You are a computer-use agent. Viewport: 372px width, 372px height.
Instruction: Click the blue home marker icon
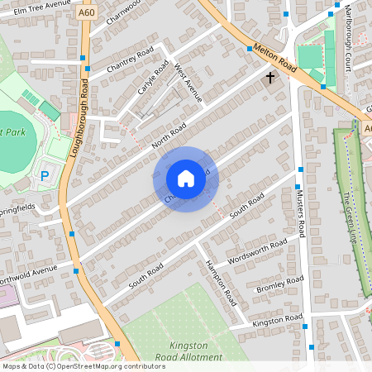coord(186,179)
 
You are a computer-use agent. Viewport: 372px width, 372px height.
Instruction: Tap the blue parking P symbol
coord(45,176)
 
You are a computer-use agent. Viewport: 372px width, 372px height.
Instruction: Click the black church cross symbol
coord(269,78)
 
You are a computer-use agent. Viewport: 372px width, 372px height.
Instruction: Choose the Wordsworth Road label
coord(256,251)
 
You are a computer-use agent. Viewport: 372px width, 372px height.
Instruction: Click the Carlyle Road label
coord(153,76)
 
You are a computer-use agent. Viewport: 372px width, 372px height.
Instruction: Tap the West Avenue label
coord(188,85)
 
